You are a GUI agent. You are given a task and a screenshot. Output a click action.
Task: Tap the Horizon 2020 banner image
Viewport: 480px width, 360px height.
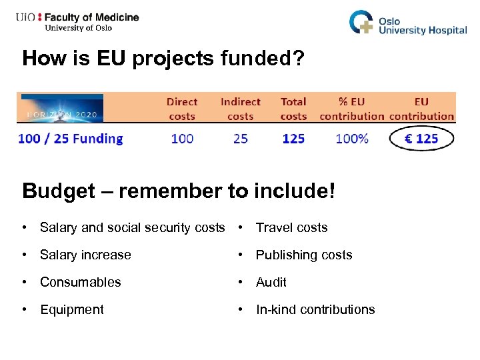[61, 107]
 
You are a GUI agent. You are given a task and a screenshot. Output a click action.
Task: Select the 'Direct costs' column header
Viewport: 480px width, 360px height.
[182, 109]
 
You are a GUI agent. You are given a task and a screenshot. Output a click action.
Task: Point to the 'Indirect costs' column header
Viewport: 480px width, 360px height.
[240, 109]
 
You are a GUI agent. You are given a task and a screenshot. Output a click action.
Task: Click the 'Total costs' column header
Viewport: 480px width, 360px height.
[293, 109]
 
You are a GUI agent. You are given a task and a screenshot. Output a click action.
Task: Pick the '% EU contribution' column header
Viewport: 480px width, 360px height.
[352, 109]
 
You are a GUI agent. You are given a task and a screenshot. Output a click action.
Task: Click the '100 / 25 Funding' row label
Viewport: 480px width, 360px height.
[71, 139]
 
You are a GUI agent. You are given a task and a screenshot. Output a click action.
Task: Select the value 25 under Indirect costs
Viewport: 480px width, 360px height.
[240, 139]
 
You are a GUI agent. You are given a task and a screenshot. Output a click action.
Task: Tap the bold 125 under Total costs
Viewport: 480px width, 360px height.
[293, 139]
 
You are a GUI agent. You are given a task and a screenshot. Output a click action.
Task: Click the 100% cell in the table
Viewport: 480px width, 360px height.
[352, 139]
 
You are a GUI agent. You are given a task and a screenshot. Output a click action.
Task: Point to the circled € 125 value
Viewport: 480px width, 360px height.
[421, 139]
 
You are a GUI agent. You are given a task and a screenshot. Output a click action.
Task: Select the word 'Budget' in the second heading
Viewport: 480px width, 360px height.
[59, 191]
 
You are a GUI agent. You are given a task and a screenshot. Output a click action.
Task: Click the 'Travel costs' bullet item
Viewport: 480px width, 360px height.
[291, 227]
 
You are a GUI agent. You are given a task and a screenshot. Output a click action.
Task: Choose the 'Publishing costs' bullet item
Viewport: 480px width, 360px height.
[304, 255]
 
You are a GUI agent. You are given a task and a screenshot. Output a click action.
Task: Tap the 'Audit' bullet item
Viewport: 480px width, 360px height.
[271, 282]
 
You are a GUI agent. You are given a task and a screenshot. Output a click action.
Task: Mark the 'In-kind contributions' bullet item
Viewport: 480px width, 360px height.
[315, 309]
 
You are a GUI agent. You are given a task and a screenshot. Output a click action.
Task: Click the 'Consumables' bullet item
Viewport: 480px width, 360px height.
[80, 282]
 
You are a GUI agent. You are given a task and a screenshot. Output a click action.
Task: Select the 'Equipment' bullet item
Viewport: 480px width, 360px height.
[72, 309]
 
